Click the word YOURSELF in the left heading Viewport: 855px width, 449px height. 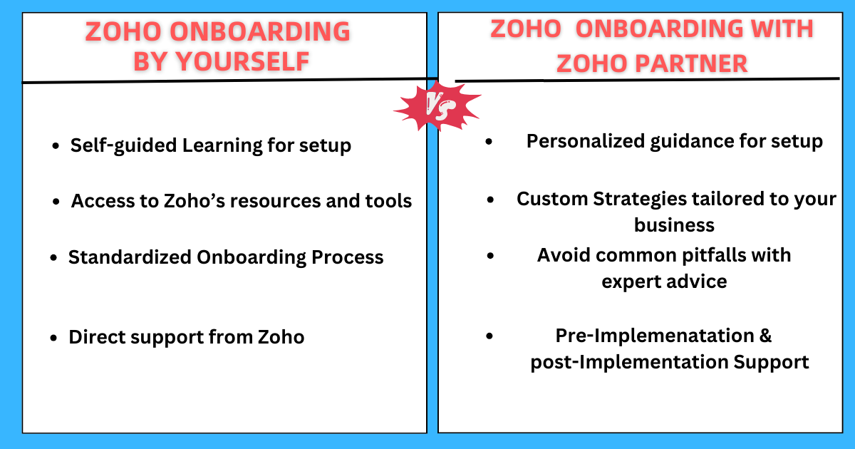[242, 61]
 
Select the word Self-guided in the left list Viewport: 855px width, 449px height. [124, 145]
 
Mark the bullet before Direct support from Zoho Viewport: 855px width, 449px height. [53, 338]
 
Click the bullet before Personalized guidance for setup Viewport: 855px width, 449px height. [488, 142]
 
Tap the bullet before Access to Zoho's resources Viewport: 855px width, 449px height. [56, 202]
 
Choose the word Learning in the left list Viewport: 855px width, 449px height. [223, 145]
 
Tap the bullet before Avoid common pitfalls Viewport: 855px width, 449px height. [490, 255]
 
